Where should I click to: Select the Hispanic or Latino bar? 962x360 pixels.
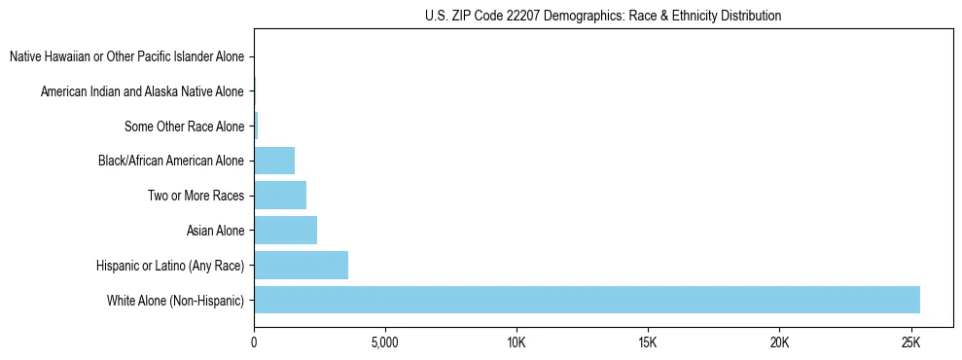click(x=301, y=265)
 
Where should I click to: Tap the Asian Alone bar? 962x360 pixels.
click(x=285, y=230)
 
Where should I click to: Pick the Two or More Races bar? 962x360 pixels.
click(x=280, y=195)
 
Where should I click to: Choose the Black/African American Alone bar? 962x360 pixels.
click(x=274, y=161)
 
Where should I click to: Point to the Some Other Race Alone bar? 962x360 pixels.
click(x=256, y=126)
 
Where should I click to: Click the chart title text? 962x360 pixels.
click(x=603, y=16)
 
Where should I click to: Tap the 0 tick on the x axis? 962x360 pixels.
click(x=254, y=343)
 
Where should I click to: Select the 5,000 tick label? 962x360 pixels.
click(x=385, y=343)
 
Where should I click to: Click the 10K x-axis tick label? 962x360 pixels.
click(x=517, y=343)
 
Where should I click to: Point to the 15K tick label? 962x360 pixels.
click(x=648, y=343)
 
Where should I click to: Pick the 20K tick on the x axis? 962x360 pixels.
click(x=779, y=343)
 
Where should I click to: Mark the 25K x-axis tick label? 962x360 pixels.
click(x=910, y=343)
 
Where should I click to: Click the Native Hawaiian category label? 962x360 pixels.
click(x=126, y=56)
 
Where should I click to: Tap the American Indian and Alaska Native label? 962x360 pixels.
click(x=142, y=91)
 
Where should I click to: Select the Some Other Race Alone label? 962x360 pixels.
click(x=184, y=126)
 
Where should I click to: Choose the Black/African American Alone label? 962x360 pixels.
click(x=171, y=161)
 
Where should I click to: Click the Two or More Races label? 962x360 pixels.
click(x=196, y=196)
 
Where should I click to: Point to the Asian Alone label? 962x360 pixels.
click(x=215, y=231)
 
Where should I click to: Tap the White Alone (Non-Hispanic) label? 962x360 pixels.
click(x=175, y=301)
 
